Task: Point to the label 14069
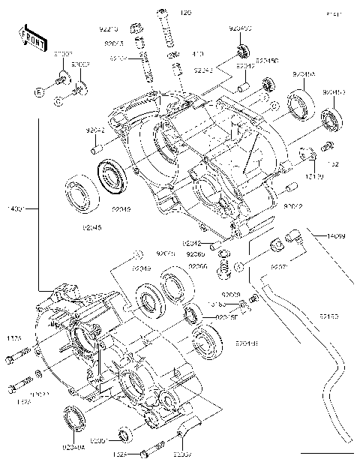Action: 335,236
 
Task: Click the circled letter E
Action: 37,91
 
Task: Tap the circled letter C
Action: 58,98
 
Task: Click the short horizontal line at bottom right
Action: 326,454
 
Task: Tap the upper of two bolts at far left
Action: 16,361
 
